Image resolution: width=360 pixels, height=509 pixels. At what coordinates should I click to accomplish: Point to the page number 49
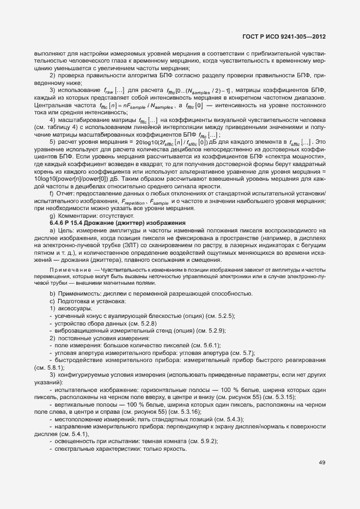click(322, 463)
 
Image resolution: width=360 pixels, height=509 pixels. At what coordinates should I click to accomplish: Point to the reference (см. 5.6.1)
click(190, 345)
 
